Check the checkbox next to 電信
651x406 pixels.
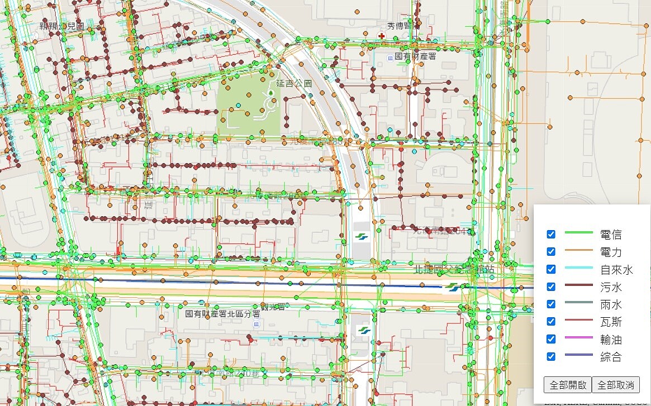[551, 235]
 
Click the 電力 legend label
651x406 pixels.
[611, 252]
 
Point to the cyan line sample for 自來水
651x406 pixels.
[579, 269]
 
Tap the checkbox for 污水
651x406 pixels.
[551, 286]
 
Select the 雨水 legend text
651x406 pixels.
[611, 304]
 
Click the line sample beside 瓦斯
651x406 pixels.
[579, 321]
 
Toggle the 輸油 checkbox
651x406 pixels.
[551, 339]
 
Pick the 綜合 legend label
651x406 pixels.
[611, 357]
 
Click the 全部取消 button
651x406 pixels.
[615, 385]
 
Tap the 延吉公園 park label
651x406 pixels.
[293, 83]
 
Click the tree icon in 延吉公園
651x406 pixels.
[270, 92]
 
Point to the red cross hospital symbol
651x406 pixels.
[382, 36]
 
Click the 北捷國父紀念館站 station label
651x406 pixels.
[454, 269]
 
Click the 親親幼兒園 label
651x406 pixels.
[62, 26]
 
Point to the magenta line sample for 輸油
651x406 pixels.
[579, 338]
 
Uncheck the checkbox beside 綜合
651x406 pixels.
[551, 356]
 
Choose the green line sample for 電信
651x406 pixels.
[579, 234]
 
